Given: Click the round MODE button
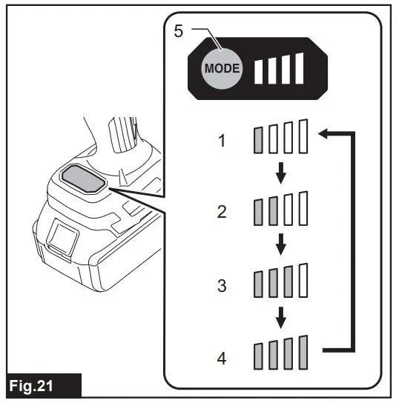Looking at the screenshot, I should pyautogui.click(x=222, y=67).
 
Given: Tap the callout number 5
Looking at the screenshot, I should pyautogui.click(x=178, y=31).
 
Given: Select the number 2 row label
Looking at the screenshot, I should pyautogui.click(x=221, y=211).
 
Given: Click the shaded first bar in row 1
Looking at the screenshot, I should pyautogui.click(x=259, y=139).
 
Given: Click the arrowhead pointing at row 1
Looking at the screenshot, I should pyautogui.click(x=323, y=133).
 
